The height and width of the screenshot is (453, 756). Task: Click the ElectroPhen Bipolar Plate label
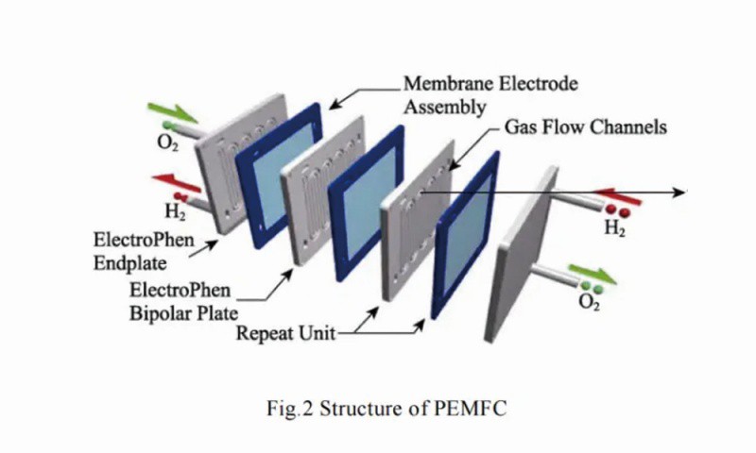click(187, 303)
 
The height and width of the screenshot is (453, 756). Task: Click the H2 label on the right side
click(615, 226)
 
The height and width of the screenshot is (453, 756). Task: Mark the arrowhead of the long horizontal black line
click(679, 193)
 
